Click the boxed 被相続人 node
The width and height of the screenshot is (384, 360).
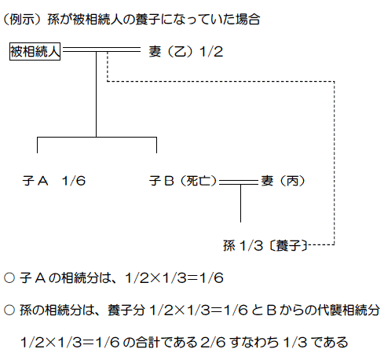[x=35, y=51]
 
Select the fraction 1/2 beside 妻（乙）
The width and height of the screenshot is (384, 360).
[x=211, y=51]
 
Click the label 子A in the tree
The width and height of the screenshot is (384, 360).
[x=35, y=181]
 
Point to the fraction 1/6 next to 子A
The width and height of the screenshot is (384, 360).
[x=74, y=181]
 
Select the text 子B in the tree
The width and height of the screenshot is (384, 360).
[x=162, y=181]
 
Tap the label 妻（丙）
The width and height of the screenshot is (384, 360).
[x=283, y=181]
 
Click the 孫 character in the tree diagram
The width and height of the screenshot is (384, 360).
[x=229, y=246]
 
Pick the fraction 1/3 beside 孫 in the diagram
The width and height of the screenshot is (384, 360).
[x=251, y=246]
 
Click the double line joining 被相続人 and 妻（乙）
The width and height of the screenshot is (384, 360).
[x=101, y=50]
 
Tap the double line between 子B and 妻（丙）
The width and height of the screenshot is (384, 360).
[x=239, y=182]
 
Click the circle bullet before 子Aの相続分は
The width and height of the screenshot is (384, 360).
[x=9, y=277]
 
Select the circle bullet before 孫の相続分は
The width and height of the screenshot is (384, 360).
[x=9, y=310]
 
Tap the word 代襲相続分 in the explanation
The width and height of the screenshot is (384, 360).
[x=349, y=310]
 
